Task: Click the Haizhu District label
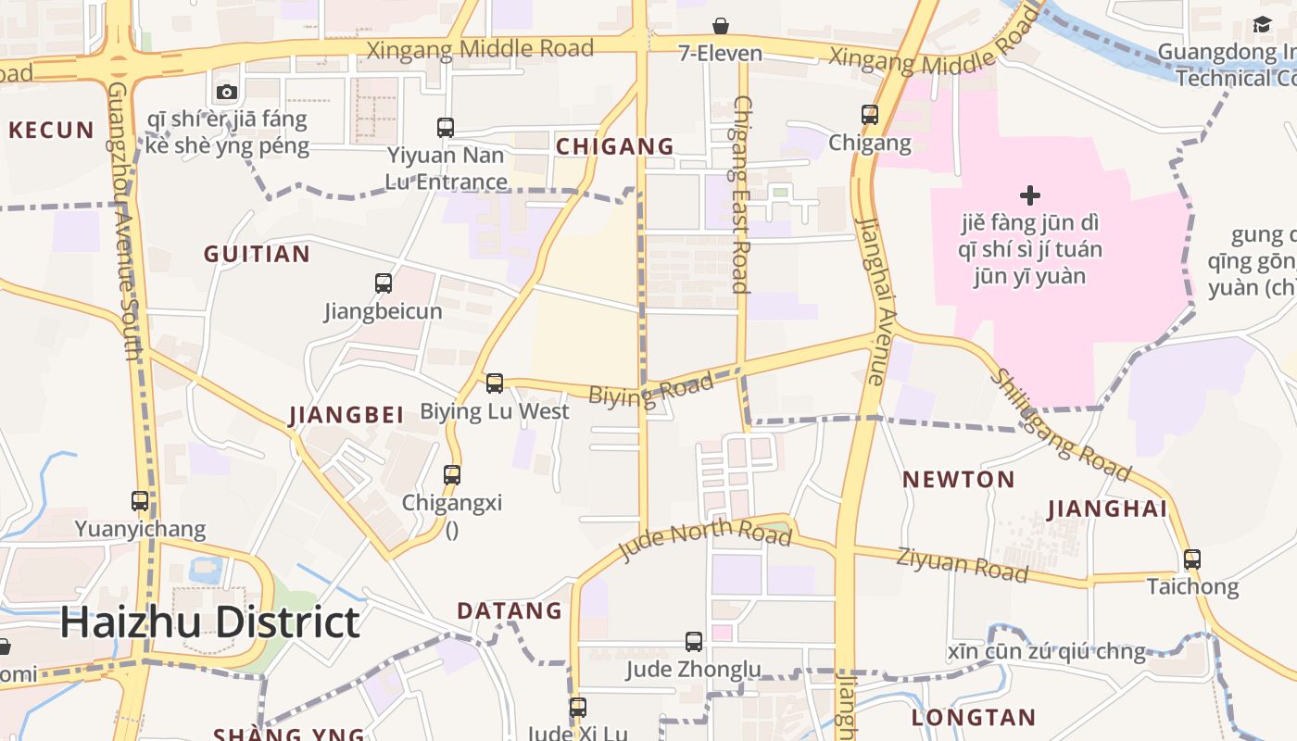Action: point(209,622)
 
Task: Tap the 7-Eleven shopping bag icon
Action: point(721,26)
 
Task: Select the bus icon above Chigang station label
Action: point(870,115)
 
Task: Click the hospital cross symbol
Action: point(1029,195)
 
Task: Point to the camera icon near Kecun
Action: point(227,92)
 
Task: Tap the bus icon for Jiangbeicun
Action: point(384,283)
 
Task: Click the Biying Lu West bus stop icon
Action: point(495,383)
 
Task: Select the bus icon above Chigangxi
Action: point(452,474)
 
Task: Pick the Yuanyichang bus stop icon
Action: point(140,500)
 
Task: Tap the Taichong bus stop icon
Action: point(1192,559)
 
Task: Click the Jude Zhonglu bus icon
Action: point(694,641)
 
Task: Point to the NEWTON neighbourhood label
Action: point(959,480)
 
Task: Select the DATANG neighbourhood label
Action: point(510,611)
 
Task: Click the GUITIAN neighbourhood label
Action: point(257,255)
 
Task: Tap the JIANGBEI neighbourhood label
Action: point(346,416)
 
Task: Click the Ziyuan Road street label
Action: point(962,564)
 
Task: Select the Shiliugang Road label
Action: point(1062,427)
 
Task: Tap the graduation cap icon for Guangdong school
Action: point(1262,25)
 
